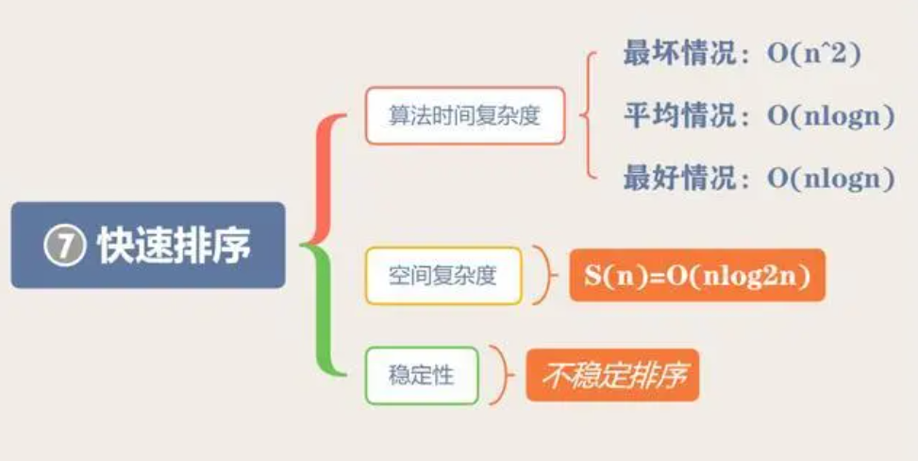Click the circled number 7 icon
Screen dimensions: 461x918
tap(64, 247)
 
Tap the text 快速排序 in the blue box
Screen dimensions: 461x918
tap(174, 247)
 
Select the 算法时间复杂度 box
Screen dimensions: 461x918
tap(464, 116)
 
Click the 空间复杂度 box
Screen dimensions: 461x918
tap(442, 276)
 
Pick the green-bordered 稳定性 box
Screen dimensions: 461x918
tap(421, 376)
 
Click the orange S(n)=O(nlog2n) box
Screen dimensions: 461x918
tap(697, 276)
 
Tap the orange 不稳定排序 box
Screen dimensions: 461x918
tap(612, 376)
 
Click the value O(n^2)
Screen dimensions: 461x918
tap(813, 55)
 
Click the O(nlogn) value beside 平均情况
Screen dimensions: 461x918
tap(830, 117)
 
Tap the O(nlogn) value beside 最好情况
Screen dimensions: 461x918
tap(830, 179)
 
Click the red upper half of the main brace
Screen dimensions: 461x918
tap(321, 175)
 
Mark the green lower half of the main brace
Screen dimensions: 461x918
tap(321, 316)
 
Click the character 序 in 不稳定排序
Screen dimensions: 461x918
tap(673, 376)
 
